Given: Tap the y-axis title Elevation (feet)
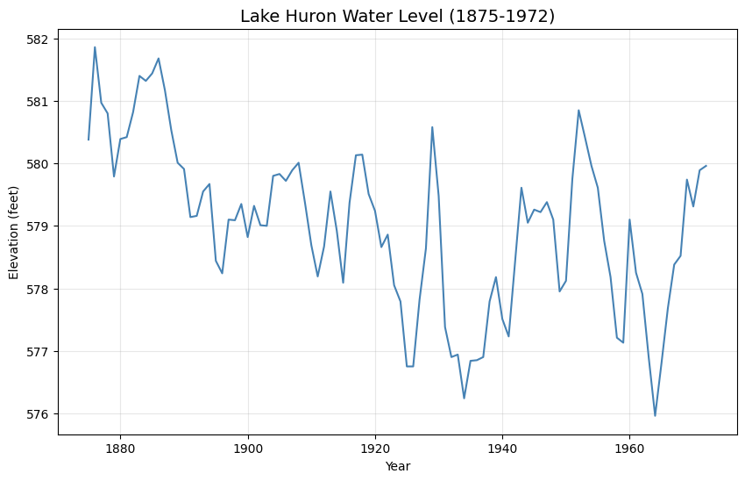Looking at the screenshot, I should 14,226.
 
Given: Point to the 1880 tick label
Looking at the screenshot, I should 120,449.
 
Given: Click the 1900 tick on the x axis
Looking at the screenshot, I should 247,449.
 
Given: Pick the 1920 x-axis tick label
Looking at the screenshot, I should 375,449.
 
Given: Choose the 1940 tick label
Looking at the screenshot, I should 502,449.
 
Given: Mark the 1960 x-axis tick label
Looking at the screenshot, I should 629,449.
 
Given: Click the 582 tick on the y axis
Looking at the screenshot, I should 40,39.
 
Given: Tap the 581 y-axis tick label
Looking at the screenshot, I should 40,102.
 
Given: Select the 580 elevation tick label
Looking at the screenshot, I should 40,164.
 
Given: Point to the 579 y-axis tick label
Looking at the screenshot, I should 40,226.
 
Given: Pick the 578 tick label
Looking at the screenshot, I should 40,289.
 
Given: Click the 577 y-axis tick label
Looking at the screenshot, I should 40,351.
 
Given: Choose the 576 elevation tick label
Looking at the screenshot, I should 40,413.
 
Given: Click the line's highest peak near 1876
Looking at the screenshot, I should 95,47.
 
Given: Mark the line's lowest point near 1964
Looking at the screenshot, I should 655,415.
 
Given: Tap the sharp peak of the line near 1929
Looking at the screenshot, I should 432,127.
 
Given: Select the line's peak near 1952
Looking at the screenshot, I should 578,111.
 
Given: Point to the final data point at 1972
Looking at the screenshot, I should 706,166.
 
